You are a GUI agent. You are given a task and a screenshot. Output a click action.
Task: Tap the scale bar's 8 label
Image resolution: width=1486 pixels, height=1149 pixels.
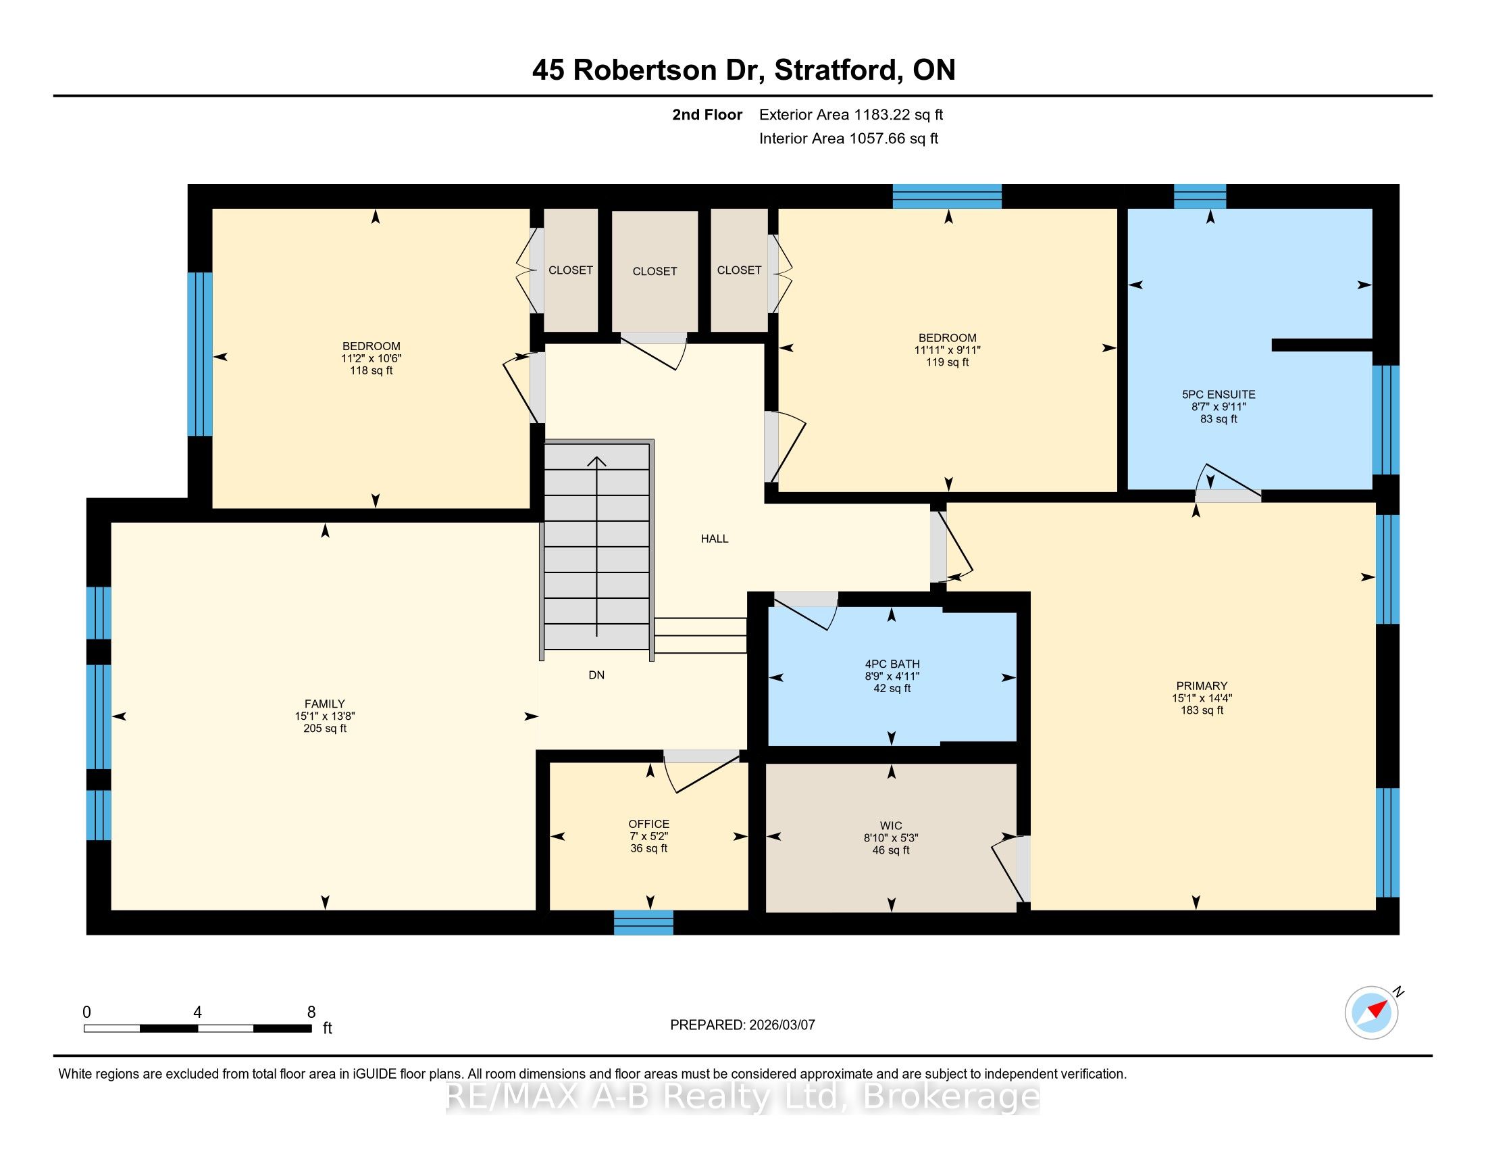point(311,1012)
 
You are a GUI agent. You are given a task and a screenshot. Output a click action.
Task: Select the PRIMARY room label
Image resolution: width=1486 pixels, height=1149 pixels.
point(1202,685)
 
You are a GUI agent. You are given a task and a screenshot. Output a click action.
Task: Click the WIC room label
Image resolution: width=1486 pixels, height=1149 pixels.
point(891,826)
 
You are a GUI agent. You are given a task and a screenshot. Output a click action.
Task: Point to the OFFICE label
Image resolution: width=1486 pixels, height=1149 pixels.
point(648,824)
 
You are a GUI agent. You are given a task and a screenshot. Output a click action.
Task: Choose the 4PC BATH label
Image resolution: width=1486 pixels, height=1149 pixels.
point(892,664)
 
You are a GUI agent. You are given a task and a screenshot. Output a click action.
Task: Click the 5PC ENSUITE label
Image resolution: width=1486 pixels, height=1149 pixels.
point(1219,394)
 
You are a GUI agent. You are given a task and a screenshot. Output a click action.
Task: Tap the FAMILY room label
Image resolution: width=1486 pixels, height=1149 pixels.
point(324,704)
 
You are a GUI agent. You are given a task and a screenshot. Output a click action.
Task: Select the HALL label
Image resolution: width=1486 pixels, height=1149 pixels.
point(715,539)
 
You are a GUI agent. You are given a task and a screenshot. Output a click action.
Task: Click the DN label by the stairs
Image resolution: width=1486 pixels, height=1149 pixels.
point(596,675)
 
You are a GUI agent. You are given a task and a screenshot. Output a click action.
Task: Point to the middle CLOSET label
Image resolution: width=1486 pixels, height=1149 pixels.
point(655,271)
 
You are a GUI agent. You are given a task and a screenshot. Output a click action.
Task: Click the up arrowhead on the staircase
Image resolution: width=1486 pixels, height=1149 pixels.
point(596,462)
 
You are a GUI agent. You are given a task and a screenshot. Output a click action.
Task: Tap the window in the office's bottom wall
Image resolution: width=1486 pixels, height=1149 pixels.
point(644,923)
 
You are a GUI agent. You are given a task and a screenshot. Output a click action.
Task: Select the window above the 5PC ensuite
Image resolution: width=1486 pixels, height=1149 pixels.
point(1200,196)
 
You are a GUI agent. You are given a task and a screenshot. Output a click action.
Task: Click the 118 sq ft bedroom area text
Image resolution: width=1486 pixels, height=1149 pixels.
point(371,370)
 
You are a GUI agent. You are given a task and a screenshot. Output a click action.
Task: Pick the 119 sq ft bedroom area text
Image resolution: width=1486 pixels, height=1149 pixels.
point(947,362)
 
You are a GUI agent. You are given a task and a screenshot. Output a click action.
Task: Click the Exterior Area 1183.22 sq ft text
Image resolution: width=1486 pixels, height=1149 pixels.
point(851,114)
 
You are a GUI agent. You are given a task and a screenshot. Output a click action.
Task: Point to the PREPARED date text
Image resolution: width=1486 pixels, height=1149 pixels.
point(742,1025)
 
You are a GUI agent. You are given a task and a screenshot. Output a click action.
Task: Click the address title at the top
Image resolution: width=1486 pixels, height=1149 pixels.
point(744,70)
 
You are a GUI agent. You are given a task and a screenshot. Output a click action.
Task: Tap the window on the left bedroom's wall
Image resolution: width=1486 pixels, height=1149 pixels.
point(200,354)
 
